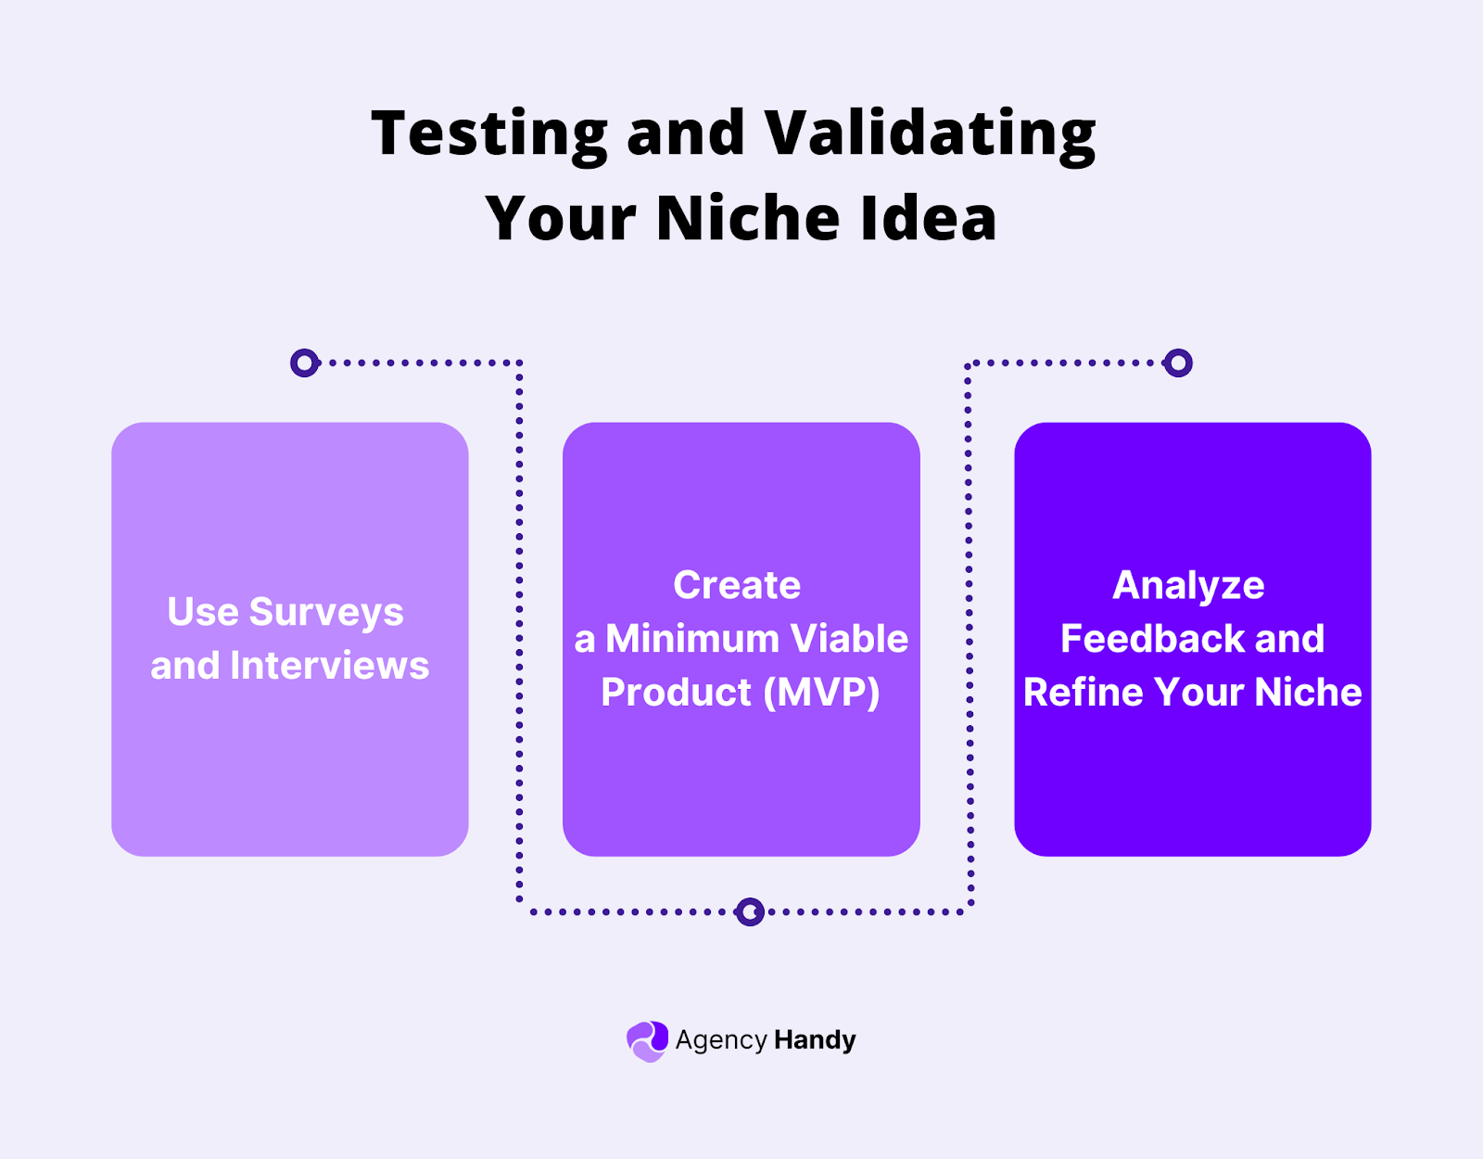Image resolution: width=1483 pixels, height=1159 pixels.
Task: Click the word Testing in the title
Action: [x=488, y=134]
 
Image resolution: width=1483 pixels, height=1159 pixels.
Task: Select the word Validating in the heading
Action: [x=930, y=134]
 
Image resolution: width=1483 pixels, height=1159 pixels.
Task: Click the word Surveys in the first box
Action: [x=325, y=612]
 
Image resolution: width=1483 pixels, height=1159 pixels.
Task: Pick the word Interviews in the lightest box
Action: [x=329, y=666]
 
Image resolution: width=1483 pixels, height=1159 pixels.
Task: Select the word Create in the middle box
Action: [x=737, y=585]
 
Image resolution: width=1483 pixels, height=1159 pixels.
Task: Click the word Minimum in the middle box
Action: [x=691, y=639]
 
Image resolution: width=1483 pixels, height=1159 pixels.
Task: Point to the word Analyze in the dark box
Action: [x=1188, y=585]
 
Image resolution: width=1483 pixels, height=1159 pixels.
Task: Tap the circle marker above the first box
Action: [x=304, y=363]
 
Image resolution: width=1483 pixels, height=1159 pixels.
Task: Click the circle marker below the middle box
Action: [x=750, y=911]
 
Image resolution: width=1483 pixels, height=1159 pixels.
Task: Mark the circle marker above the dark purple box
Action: [x=1178, y=363]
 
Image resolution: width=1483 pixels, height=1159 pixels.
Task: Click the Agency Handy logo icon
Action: [x=647, y=1041]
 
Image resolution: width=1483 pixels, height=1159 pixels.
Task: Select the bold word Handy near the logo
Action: [x=815, y=1040]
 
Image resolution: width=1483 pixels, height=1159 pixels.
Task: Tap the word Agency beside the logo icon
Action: [x=720, y=1040]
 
